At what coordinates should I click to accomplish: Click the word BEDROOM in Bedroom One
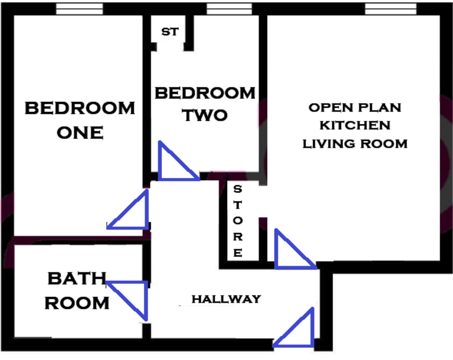[80, 108]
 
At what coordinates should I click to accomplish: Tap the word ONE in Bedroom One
[80, 133]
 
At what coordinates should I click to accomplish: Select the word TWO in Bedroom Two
[205, 116]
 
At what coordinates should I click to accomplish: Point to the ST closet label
[170, 32]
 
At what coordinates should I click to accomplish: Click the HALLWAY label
[226, 299]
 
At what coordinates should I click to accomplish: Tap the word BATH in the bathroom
[77, 279]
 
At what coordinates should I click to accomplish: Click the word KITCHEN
[355, 125]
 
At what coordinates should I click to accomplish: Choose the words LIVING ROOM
[355, 144]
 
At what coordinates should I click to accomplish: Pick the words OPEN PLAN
[355, 108]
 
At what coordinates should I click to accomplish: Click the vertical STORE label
[237, 221]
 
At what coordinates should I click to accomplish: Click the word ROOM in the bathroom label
[77, 303]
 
